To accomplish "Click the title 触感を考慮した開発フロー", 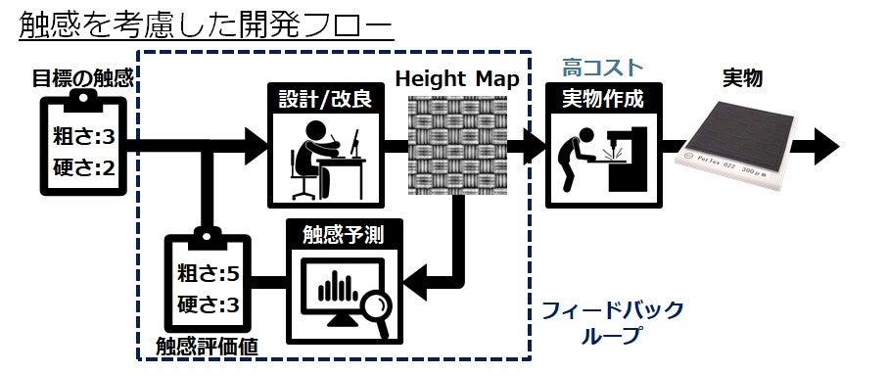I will coord(206,25).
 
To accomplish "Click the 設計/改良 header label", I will coord(324,98).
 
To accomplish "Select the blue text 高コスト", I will coord(602,67).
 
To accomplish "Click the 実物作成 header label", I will coord(602,98).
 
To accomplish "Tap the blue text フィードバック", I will coord(612,310).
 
